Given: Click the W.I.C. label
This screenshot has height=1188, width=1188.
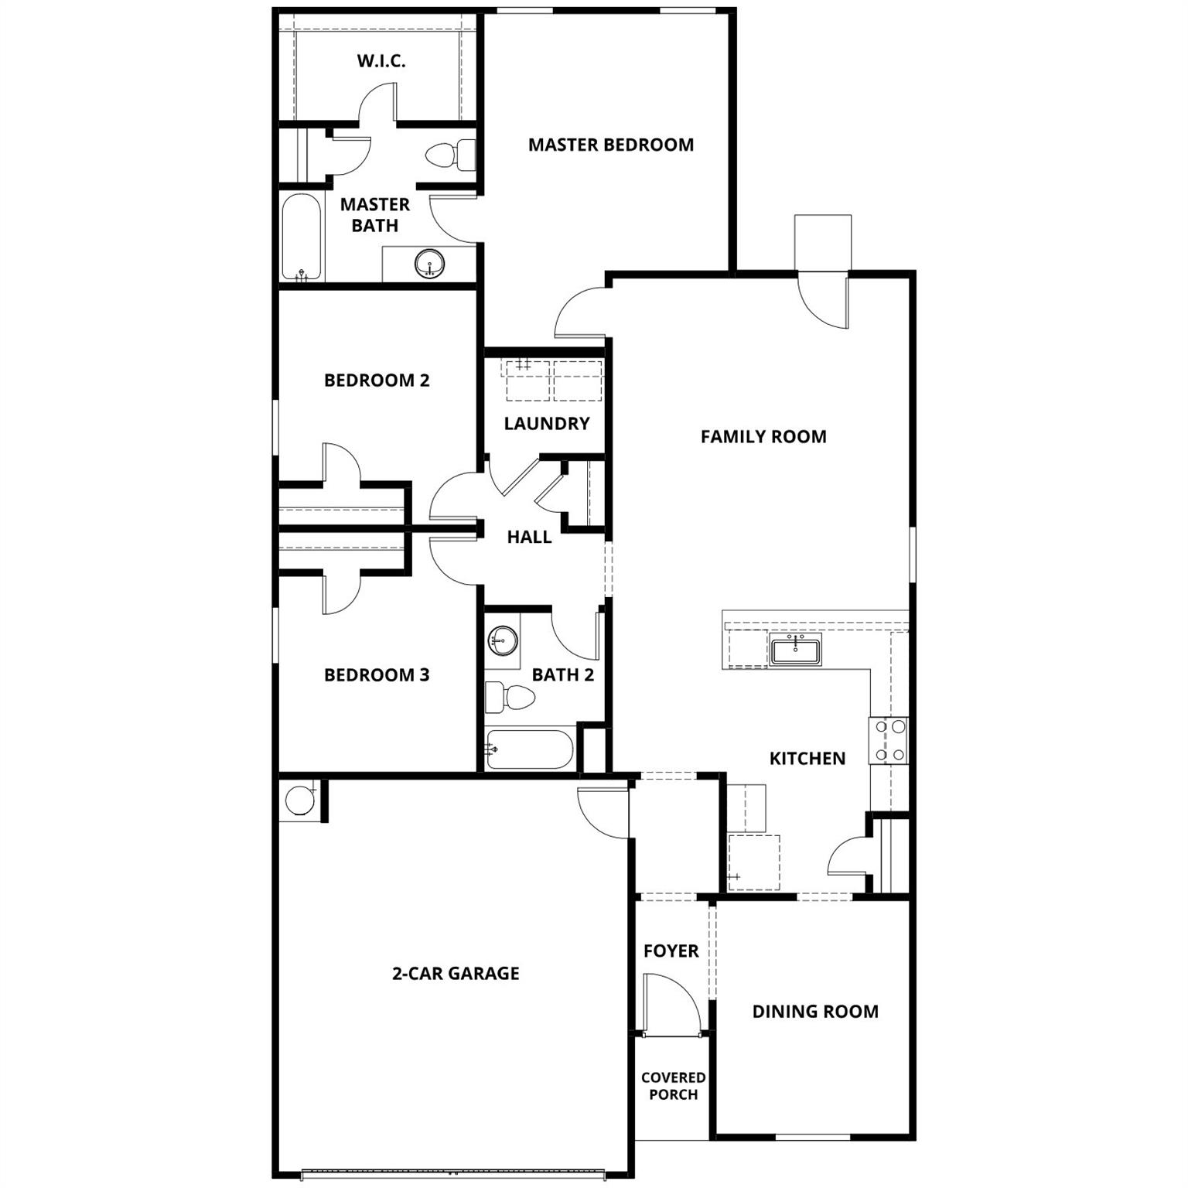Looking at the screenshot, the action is [381, 61].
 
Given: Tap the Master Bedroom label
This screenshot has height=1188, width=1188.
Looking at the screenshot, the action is [611, 145].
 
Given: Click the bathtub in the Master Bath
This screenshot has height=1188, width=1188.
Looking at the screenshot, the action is [301, 237].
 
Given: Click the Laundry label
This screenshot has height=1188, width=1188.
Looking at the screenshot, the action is [547, 423].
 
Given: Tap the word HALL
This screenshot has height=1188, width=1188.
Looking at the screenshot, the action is [529, 537].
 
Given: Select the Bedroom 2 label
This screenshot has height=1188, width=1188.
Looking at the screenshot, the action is [377, 380].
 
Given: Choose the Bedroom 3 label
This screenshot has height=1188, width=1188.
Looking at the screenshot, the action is [377, 674].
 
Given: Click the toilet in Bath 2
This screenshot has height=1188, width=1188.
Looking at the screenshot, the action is [510, 698].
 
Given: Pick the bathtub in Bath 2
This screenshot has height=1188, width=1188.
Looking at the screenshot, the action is [530, 749].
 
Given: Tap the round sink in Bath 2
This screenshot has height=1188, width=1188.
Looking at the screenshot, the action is [503, 640].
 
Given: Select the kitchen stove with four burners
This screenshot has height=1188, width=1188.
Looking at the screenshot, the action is [889, 741].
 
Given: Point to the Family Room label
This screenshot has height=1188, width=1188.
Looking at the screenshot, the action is [763, 436].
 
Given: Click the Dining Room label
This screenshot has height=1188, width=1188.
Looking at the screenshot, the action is [815, 1011].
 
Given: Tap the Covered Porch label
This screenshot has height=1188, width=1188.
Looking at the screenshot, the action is [673, 1086].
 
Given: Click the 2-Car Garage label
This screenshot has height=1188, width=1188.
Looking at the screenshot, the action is [456, 973].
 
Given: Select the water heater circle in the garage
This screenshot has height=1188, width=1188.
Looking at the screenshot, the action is [300, 801].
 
